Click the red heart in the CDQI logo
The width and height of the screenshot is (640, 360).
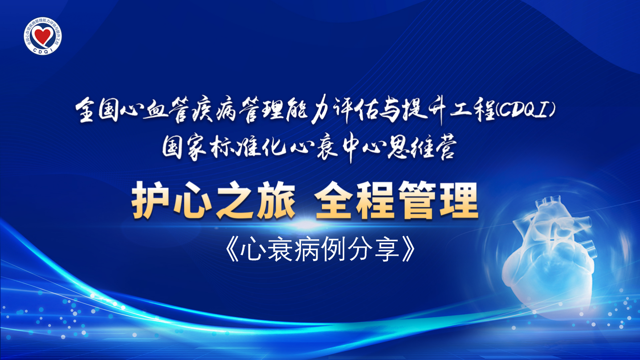coord(43,35)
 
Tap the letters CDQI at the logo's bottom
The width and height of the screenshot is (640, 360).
coord(43,50)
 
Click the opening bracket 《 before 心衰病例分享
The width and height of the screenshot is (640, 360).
coord(232,250)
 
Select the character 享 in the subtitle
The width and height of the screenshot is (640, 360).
coord(387,250)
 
